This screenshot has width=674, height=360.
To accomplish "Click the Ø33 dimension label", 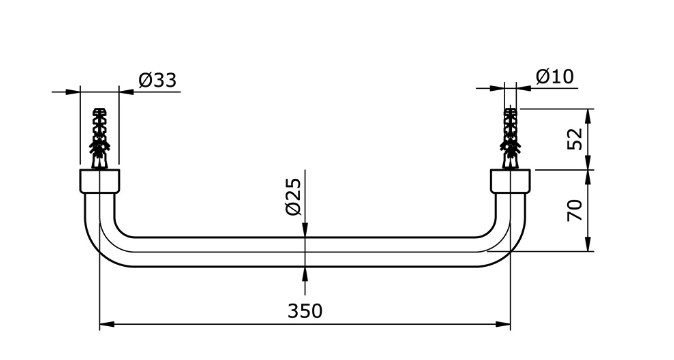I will pos(159,79).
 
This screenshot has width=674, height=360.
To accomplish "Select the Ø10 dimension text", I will pos(555,76).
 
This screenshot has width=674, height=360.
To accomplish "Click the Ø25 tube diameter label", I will pos(292,197).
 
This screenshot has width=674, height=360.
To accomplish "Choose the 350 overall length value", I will pos(305,311).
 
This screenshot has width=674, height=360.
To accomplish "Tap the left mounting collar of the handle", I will pos(99,181).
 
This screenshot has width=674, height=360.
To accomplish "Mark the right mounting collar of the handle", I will pos(511,181).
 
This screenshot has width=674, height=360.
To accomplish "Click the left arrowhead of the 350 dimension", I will pos(106,324).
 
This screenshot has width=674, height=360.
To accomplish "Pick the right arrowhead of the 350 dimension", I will pos(505,324).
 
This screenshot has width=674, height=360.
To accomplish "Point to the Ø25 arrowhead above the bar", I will pos(306,231).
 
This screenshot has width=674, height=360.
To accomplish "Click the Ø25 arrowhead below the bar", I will pos(306,273).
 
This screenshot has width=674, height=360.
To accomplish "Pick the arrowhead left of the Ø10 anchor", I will pos(499,89).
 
